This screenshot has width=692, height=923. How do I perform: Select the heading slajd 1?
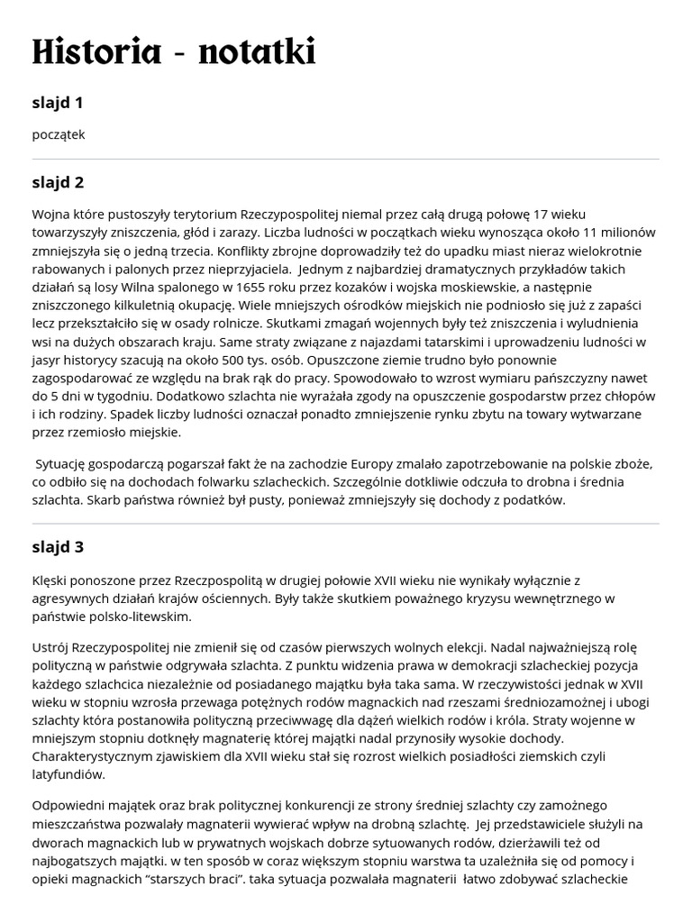tap(58, 103)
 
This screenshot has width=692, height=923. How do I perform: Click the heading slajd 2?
tap(58, 182)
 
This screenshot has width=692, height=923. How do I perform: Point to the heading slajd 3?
tap(58, 547)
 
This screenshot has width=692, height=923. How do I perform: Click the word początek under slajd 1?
tap(59, 134)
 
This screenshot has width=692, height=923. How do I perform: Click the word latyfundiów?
tap(68, 773)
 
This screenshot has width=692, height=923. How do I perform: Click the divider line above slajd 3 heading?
tap(346, 523)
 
